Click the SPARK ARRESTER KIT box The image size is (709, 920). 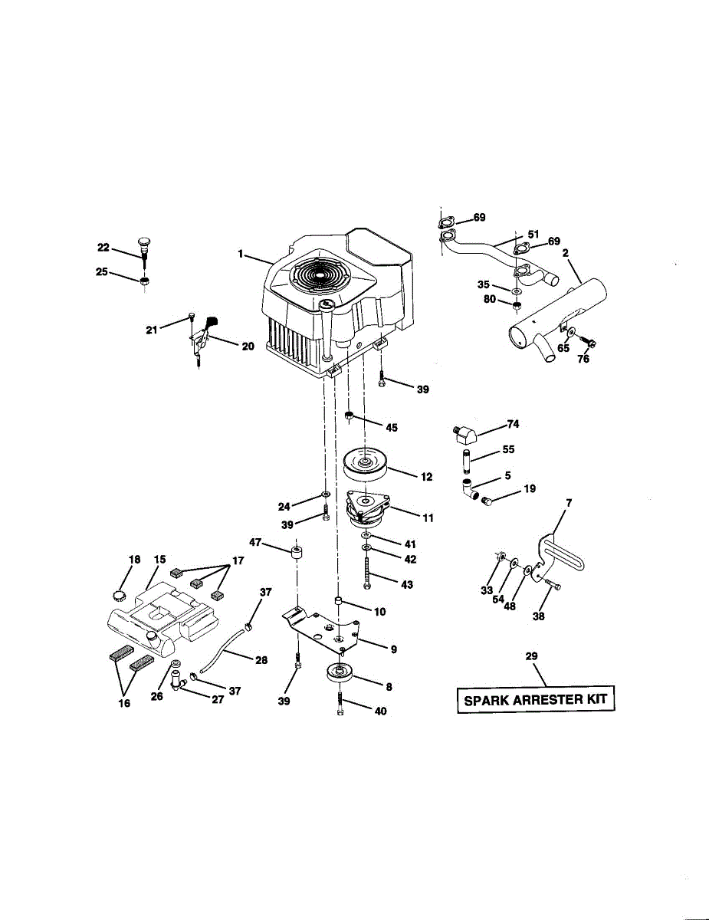coord(535,699)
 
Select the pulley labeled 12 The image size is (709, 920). coord(366,462)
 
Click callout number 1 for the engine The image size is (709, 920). coord(241,254)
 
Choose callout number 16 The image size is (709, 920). coord(124,702)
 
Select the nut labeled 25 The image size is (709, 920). coord(144,281)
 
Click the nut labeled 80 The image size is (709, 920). coord(517,308)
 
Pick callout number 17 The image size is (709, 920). coord(237,560)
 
